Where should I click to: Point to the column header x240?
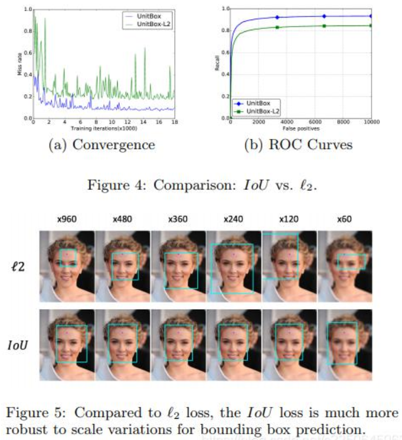click(233, 219)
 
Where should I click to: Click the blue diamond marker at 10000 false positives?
click(371, 16)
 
